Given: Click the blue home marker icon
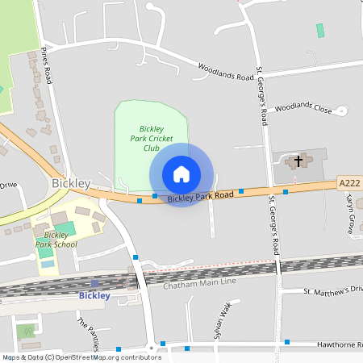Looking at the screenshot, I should point(181,174).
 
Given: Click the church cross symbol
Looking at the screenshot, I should point(298,161).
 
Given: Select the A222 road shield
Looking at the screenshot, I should point(350,184).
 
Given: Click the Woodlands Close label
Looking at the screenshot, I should point(303,107).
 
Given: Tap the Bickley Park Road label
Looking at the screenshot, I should point(201,196).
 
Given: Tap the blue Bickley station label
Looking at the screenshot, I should point(94,295).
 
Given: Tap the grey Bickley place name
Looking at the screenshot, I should point(70,183).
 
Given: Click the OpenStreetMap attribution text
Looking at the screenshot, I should point(82,357).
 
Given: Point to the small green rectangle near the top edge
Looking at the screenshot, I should point(320,30).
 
